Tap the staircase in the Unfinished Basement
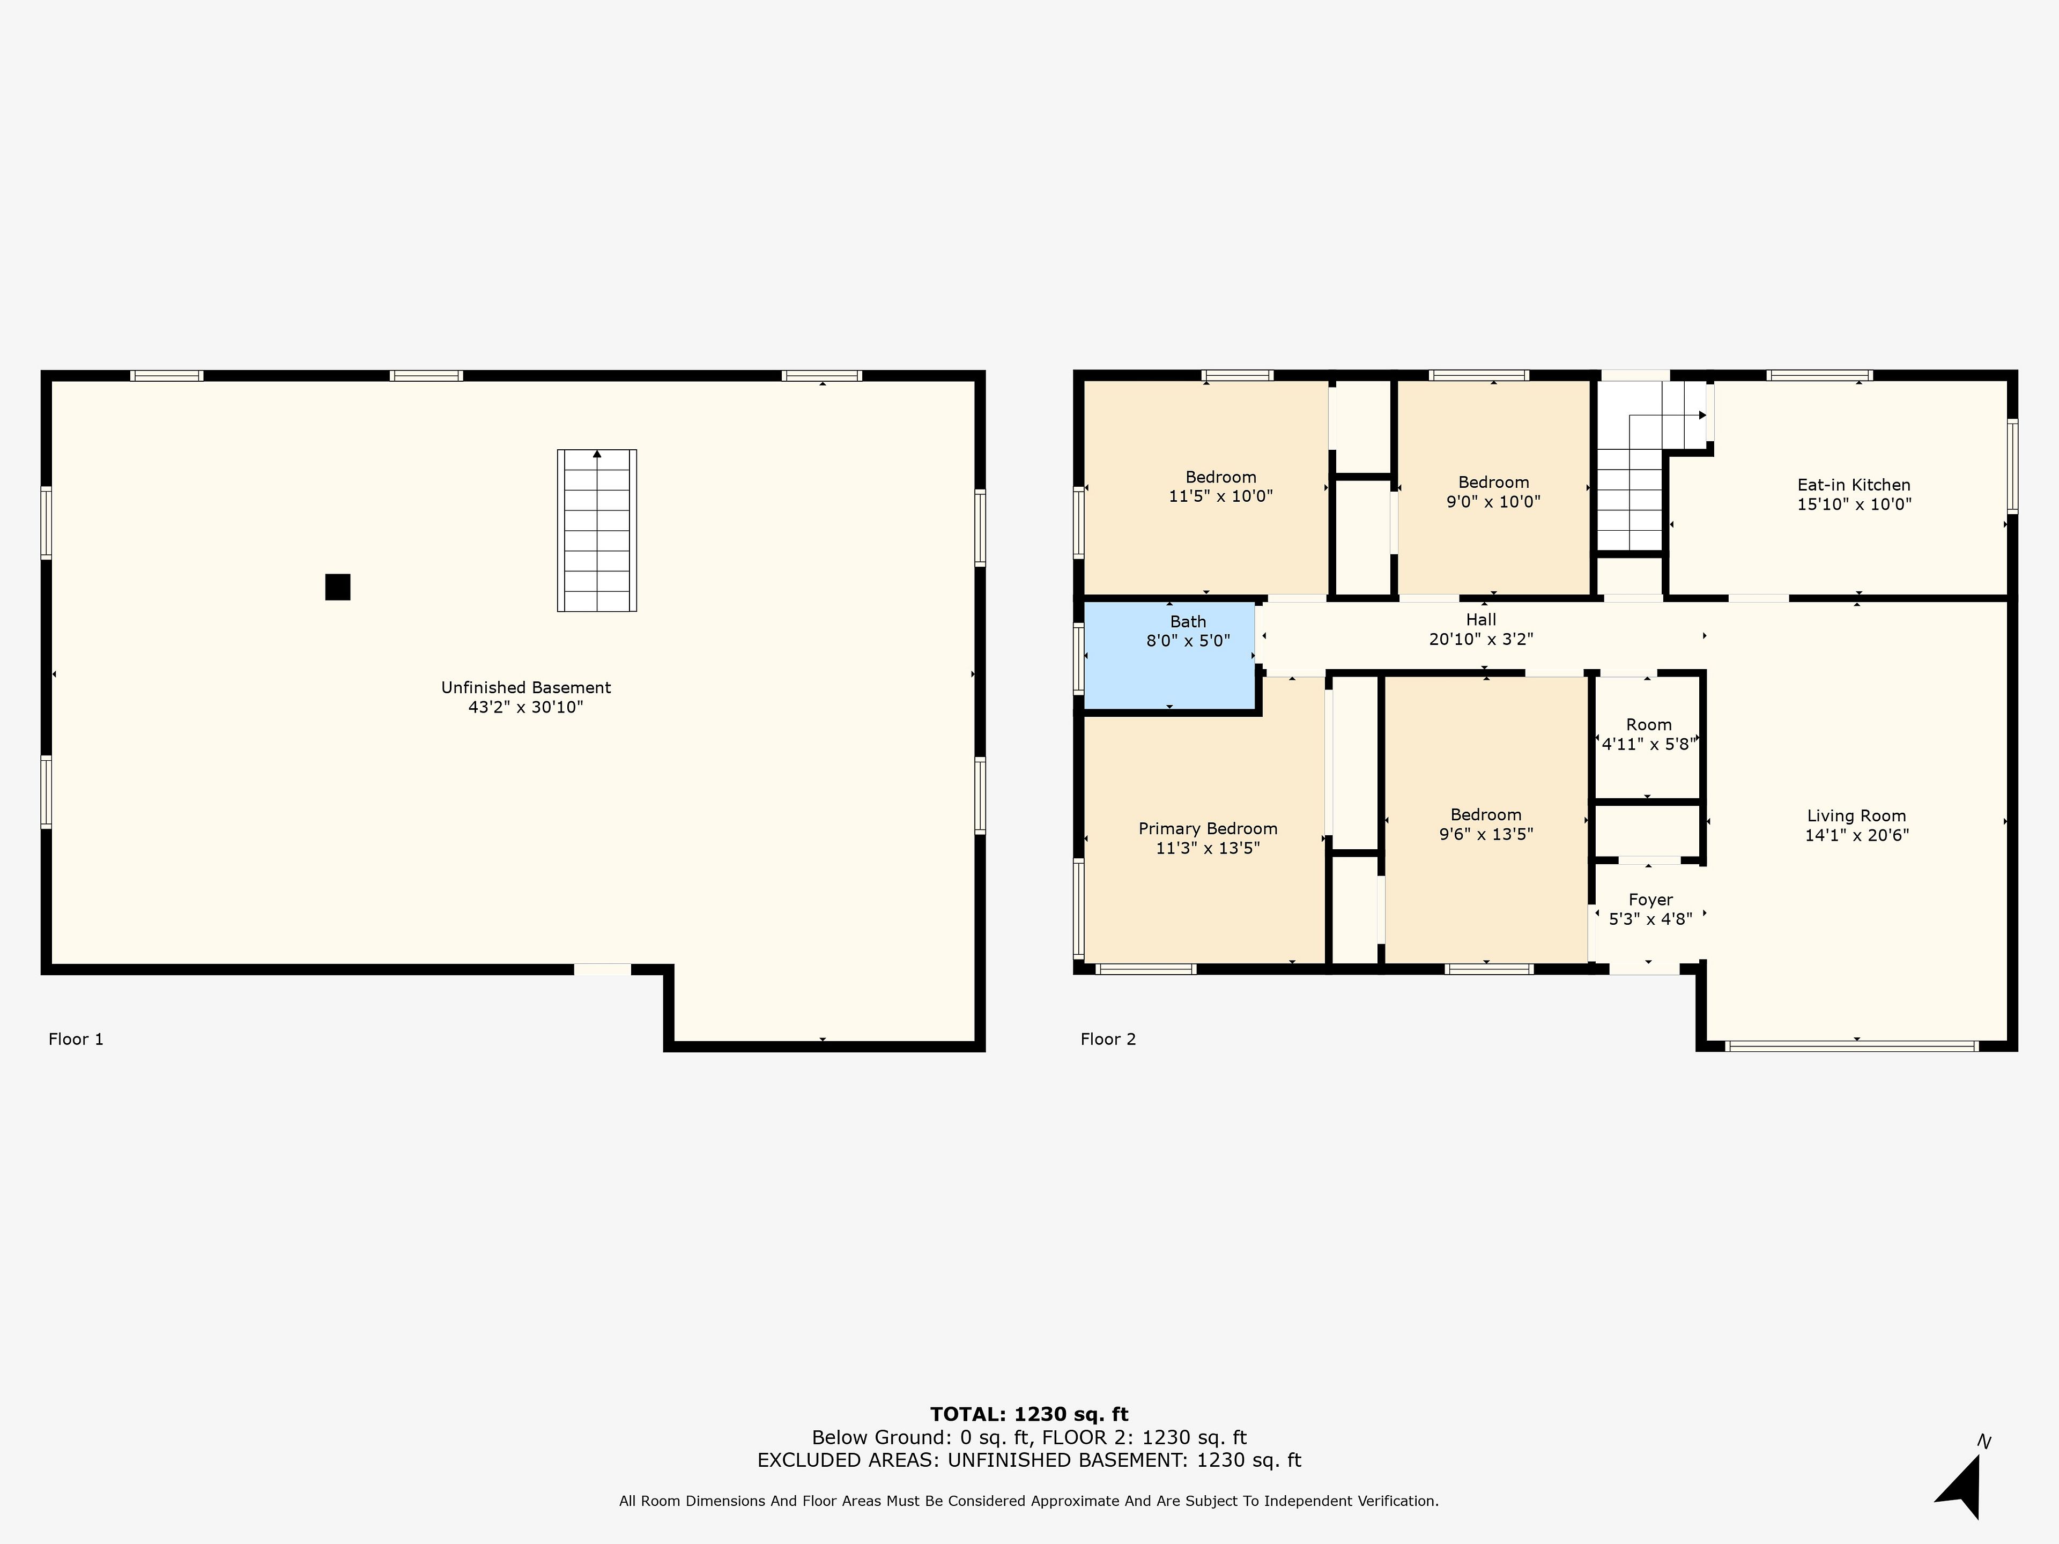coord(597,531)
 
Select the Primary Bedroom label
coord(1208,828)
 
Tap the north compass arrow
coord(1962,1486)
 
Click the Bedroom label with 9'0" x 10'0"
coord(1493,482)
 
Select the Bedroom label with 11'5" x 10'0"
coord(1220,478)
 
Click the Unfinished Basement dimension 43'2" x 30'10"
coord(526,707)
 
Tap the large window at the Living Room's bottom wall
coord(1853,1046)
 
